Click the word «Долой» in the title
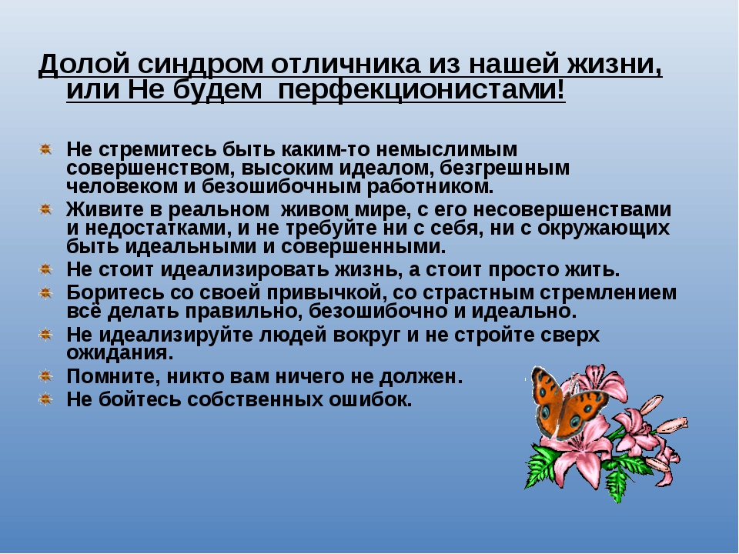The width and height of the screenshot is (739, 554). [x=84, y=64]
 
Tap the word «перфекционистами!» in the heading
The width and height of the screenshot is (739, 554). [x=422, y=90]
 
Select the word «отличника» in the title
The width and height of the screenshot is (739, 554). [x=346, y=64]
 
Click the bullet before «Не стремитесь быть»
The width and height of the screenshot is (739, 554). [x=45, y=149]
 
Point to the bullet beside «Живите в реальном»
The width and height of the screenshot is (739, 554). [x=45, y=209]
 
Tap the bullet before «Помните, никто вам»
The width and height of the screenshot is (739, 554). [x=45, y=376]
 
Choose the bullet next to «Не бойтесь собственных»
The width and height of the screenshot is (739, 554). [x=45, y=399]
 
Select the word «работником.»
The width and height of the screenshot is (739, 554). [x=430, y=187]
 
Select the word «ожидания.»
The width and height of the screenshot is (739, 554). [x=120, y=353]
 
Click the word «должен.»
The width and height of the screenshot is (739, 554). [x=421, y=377]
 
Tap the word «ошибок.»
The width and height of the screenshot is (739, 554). [x=370, y=399]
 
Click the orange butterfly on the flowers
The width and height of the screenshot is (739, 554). [x=568, y=404]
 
